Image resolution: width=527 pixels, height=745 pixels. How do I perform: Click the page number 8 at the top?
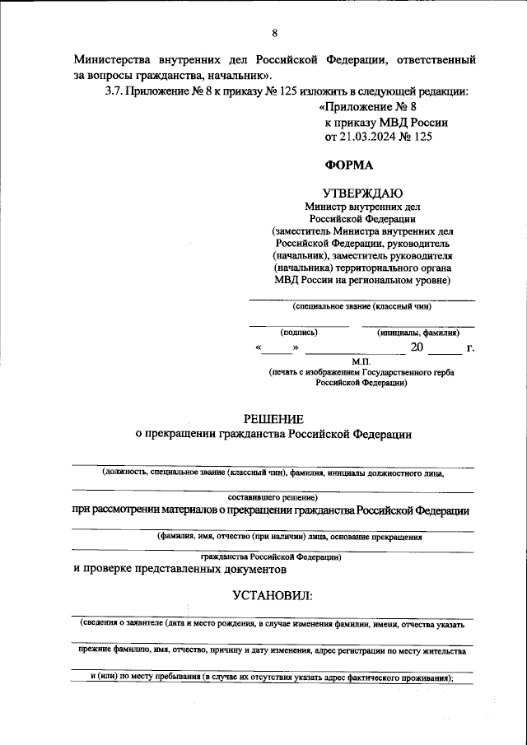pyautogui.click(x=274, y=33)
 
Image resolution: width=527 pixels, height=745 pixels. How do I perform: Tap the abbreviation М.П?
pyautogui.click(x=362, y=361)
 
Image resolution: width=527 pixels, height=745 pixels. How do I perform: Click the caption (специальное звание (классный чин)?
pyautogui.click(x=361, y=306)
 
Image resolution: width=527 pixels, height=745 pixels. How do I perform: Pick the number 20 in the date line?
pyautogui.click(x=417, y=348)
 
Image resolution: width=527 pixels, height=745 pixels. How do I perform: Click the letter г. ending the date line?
pyautogui.click(x=470, y=348)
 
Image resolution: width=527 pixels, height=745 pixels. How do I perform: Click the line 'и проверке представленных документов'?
pyautogui.click(x=180, y=568)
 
